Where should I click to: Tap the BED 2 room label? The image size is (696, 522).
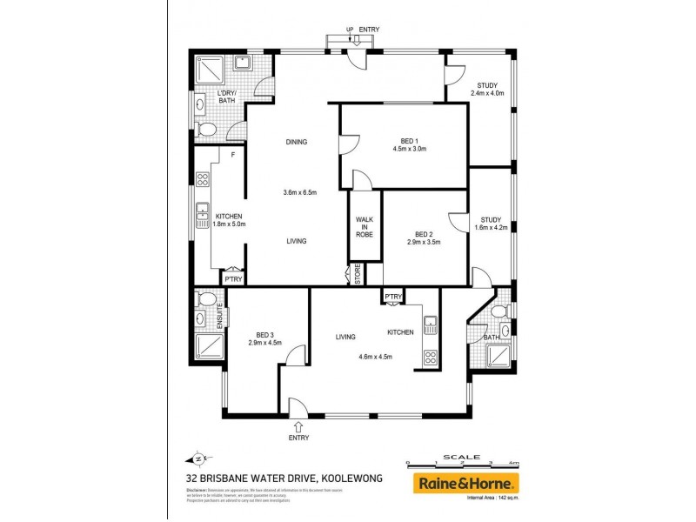coord(424,234)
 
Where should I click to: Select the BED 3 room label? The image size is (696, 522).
coord(265,334)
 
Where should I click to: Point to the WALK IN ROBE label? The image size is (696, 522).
coord(365,229)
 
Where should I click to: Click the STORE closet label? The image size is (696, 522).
coord(357,276)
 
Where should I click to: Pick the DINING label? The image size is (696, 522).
coord(298,143)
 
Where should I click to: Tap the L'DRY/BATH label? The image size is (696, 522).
coord(226,97)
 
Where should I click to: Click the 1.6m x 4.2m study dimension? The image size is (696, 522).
coord(491,227)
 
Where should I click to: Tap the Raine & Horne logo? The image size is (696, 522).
coord(465,483)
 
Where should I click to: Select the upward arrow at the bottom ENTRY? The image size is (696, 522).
coord(299,426)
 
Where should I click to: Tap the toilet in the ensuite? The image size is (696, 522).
coord(207,301)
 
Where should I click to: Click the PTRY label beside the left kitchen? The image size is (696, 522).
coord(232,279)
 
